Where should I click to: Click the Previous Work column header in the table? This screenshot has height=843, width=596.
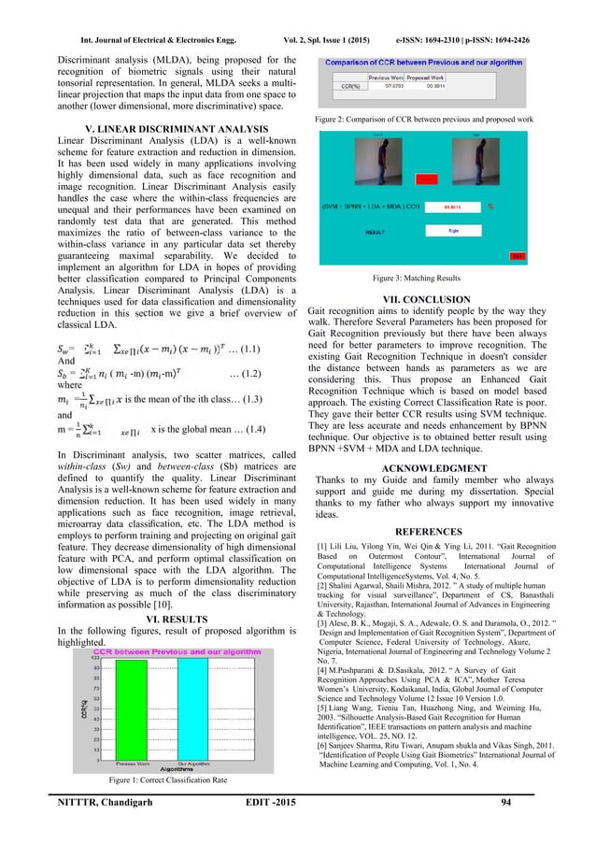(387, 79)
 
